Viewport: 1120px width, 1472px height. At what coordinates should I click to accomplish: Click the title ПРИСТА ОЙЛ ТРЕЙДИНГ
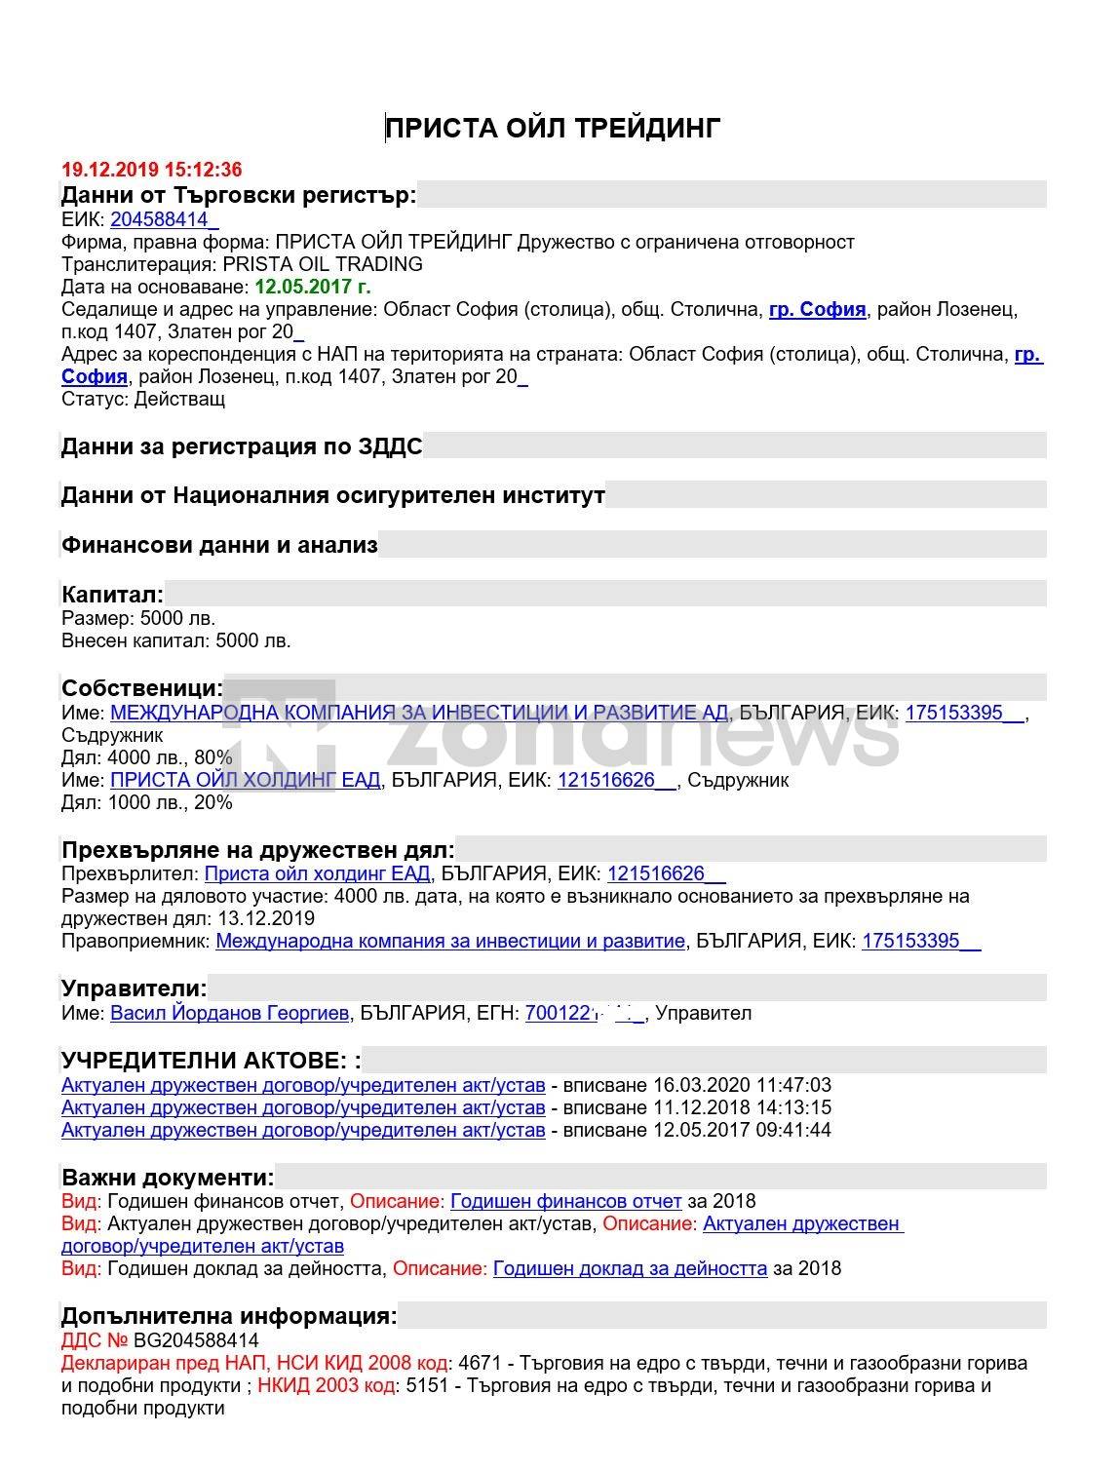[x=553, y=128]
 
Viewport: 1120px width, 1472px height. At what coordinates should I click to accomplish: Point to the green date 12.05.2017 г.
[x=312, y=287]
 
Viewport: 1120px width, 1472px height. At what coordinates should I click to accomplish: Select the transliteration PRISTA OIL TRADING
[x=323, y=264]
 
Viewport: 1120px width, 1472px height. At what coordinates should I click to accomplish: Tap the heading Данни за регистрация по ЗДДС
[x=242, y=447]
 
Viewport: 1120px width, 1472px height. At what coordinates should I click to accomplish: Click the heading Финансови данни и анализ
[x=219, y=545]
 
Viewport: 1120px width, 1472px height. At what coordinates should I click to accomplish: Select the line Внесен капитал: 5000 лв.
[x=176, y=640]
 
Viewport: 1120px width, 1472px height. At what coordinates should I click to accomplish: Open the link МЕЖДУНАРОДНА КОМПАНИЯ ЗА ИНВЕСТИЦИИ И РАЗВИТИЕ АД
[x=419, y=713]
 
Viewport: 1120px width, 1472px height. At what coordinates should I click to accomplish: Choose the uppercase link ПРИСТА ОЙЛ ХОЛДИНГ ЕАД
[x=246, y=780]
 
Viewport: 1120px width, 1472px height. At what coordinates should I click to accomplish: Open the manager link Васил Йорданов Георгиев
[x=229, y=1013]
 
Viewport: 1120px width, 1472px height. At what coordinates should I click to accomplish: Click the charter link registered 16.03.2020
[x=303, y=1085]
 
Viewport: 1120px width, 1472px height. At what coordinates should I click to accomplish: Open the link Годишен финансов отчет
[x=565, y=1201]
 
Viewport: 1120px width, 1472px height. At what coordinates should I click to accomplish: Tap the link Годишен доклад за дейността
[x=630, y=1268]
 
